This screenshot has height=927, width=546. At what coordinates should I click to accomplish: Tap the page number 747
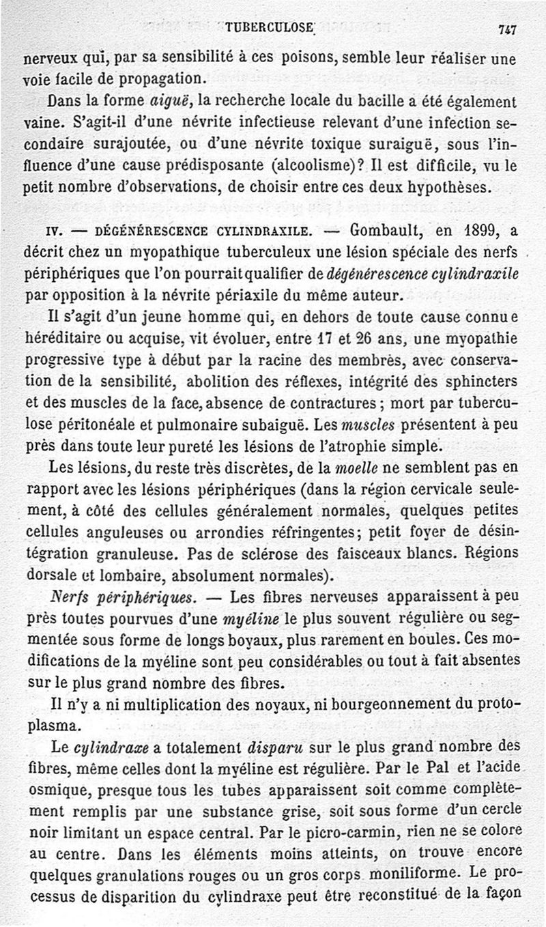click(506, 29)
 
